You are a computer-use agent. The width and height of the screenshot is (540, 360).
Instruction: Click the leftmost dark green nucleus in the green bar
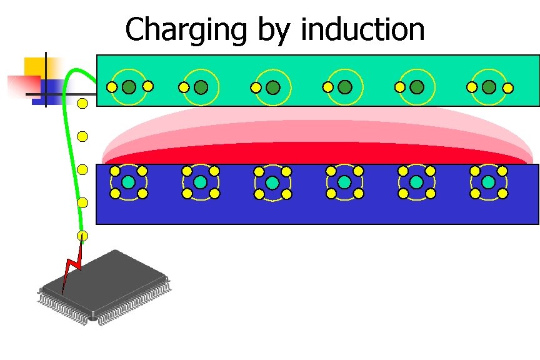[129, 87]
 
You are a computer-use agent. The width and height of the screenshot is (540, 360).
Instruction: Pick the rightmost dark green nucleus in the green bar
[489, 87]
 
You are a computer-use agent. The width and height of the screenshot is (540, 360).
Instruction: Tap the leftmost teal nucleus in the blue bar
[128, 182]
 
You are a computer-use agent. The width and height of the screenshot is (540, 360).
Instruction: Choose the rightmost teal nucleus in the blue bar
[488, 182]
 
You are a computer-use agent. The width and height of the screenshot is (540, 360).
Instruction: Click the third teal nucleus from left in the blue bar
[272, 182]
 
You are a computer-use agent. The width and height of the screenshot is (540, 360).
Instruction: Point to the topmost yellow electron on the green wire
[82, 103]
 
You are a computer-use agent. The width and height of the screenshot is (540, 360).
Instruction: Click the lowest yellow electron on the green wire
[82, 236]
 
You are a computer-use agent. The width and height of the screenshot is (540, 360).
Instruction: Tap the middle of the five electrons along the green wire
[82, 169]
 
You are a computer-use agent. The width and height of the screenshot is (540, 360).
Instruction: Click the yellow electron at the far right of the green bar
[508, 87]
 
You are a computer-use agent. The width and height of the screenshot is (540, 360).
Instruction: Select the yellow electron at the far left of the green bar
[112, 87]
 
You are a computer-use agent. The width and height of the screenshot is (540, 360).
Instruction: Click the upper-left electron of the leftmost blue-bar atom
[115, 171]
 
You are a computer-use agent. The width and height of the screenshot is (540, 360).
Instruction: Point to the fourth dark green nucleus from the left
[344, 87]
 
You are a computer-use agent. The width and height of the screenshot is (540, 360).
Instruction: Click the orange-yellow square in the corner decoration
[36, 67]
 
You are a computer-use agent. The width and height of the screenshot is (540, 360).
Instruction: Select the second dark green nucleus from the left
[201, 87]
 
